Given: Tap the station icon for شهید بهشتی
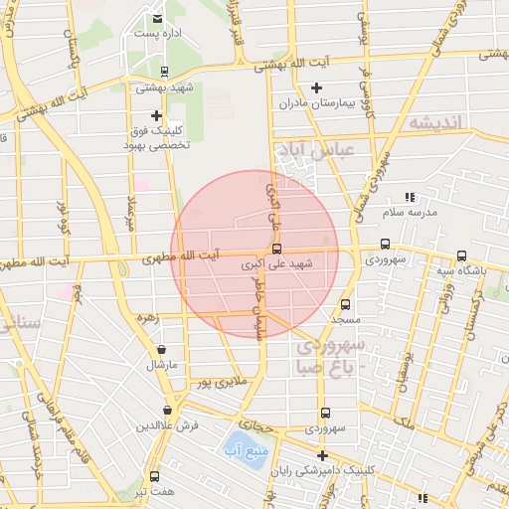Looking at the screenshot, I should (165, 71).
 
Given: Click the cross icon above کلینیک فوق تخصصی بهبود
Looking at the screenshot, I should (156, 115).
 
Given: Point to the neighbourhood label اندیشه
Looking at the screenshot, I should (436, 122).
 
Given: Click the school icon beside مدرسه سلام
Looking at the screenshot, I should (410, 198).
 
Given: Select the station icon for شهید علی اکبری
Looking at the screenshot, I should (276, 249).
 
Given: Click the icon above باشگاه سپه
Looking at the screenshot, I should (459, 254).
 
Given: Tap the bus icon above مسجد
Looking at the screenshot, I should (346, 305).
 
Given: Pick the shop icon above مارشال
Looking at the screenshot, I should (162, 350).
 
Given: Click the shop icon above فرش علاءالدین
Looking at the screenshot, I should (167, 410).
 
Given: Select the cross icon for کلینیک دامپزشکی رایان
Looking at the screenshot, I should (321, 454).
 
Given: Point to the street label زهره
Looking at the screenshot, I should (148, 318).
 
